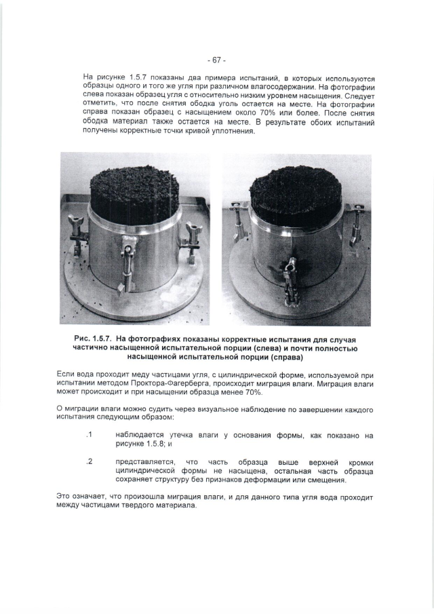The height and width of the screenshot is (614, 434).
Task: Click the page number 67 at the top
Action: pyautogui.click(x=216, y=60)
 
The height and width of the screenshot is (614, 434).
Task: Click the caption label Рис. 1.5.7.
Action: pyautogui.click(x=92, y=339)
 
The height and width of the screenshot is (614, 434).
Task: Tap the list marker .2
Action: pyautogui.click(x=88, y=462)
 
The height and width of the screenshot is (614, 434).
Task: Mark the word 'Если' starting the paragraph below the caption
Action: pyautogui.click(x=66, y=374)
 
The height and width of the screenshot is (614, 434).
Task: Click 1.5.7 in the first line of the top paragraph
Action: pyautogui.click(x=141, y=78)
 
